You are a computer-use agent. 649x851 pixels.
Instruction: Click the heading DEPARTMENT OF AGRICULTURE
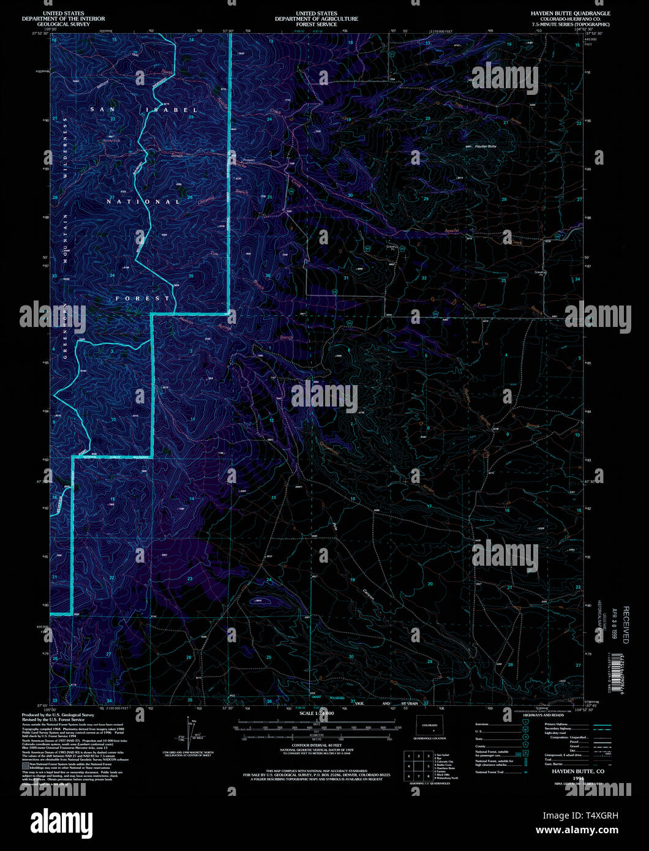click(x=316, y=18)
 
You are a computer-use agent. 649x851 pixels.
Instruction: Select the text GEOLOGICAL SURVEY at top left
click(x=63, y=24)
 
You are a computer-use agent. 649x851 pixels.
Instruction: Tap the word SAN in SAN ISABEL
click(x=102, y=109)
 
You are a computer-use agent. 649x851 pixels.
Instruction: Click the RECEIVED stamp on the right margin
click(x=626, y=624)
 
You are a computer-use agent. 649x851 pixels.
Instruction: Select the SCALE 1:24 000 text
click(x=317, y=714)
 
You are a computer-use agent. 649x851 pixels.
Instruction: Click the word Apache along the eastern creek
click(x=451, y=231)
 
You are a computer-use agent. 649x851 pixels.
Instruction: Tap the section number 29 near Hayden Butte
click(x=425, y=199)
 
